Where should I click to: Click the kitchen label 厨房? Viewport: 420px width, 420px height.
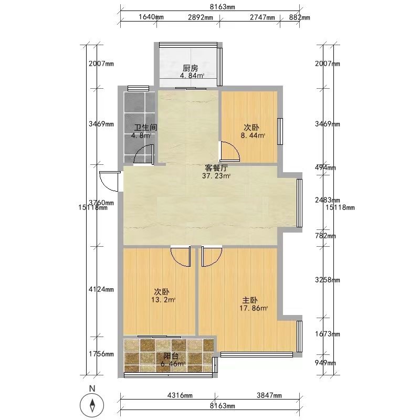click(191, 68)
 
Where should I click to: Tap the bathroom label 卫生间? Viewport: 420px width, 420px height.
click(146, 128)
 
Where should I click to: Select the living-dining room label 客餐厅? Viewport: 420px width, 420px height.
click(216, 168)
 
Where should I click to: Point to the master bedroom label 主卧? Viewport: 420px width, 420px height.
click(250, 300)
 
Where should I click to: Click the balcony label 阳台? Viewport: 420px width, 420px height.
click(171, 356)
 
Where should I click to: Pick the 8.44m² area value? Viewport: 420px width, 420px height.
click(253, 135)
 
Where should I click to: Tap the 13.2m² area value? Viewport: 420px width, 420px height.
click(163, 300)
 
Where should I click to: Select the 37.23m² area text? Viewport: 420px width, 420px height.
click(216, 176)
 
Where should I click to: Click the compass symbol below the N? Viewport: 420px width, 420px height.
click(92, 405)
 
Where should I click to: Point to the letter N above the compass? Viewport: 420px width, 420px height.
click(92, 388)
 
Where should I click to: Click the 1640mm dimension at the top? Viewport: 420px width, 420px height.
click(151, 17)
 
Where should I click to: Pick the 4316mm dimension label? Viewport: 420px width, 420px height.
click(180, 395)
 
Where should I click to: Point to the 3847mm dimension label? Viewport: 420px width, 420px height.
click(269, 395)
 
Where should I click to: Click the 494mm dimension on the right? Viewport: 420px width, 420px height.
click(325, 168)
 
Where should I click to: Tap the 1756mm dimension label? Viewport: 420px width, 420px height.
click(101, 354)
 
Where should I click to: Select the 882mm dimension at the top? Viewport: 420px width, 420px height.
click(300, 17)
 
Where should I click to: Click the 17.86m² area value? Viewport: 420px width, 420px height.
click(254, 308)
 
